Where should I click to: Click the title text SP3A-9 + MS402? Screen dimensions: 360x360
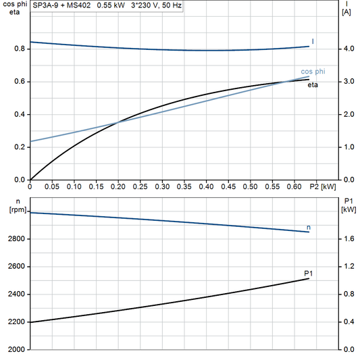click(60, 5)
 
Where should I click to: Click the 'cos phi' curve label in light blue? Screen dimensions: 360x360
click(311, 72)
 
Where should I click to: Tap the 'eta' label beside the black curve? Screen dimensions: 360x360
click(313, 85)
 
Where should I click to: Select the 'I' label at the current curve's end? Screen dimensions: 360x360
click(313, 42)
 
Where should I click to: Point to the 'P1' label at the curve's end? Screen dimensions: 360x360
click(309, 272)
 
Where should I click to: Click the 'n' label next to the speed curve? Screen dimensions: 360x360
click(309, 228)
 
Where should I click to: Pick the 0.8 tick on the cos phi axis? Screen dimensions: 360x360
click(19, 49)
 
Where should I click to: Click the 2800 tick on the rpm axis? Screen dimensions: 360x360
click(18, 239)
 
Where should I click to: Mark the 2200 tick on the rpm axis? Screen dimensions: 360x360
click(18, 322)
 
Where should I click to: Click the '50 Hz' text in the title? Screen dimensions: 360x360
click(173, 5)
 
